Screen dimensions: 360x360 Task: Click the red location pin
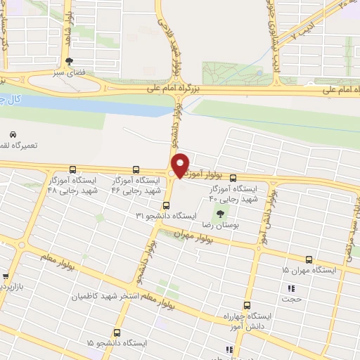pyautogui.click(x=181, y=165)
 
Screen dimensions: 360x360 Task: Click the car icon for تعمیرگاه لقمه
pyautogui.click(x=13, y=134)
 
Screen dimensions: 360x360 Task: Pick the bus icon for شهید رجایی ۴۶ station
pyautogui.click(x=136, y=171)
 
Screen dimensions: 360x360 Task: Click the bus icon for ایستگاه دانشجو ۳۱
pyautogui.click(x=167, y=205)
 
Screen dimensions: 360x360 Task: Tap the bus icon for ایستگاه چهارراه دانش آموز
pyautogui.click(x=246, y=305)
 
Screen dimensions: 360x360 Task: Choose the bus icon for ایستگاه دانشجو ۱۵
pyautogui.click(x=117, y=332)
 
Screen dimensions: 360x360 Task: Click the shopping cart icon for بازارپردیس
pyautogui.click(x=6, y=277)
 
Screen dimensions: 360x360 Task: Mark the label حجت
pyautogui.click(x=291, y=299)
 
